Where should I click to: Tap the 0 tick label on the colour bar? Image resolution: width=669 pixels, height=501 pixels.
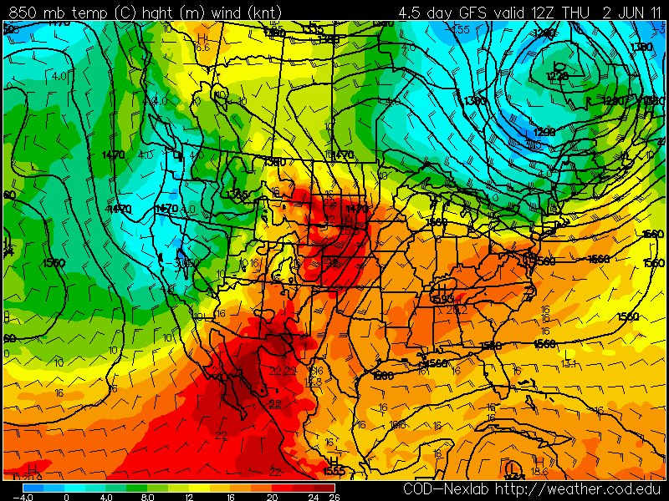click(x=66, y=496)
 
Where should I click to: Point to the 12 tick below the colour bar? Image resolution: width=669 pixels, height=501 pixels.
click(x=189, y=496)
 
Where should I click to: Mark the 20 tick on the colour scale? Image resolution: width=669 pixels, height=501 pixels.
click(x=272, y=496)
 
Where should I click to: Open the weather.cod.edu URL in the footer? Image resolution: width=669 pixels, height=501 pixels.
click(x=577, y=488)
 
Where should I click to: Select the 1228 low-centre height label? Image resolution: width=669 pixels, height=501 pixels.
click(x=557, y=76)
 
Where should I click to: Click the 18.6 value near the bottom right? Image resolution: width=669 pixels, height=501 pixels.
click(x=540, y=472)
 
